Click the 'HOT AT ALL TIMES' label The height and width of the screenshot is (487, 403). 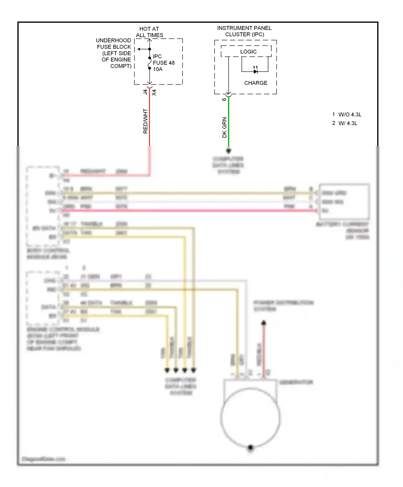tap(149, 32)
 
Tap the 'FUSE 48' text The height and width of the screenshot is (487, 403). tap(164, 63)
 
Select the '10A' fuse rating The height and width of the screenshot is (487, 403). tap(158, 69)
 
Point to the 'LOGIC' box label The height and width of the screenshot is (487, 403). tap(248, 52)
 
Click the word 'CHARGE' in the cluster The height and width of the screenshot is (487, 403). tap(256, 83)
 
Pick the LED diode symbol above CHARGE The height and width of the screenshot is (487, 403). tap(256, 71)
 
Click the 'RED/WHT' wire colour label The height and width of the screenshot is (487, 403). tap(145, 121)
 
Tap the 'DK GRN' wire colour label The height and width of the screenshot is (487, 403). tap(225, 128)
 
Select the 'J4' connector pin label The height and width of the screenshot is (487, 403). tap(145, 92)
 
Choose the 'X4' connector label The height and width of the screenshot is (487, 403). tap(154, 93)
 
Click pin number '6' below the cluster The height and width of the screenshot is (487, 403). tap(224, 99)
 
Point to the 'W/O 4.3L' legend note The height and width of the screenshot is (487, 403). tap(350, 115)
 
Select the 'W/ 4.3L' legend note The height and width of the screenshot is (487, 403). tap(348, 123)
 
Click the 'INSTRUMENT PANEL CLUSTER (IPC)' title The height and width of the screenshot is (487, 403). tap(244, 31)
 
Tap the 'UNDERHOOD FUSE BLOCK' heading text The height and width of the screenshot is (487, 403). tap(114, 43)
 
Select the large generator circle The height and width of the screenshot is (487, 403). tap(250, 418)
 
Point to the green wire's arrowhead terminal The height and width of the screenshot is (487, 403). tap(229, 151)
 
